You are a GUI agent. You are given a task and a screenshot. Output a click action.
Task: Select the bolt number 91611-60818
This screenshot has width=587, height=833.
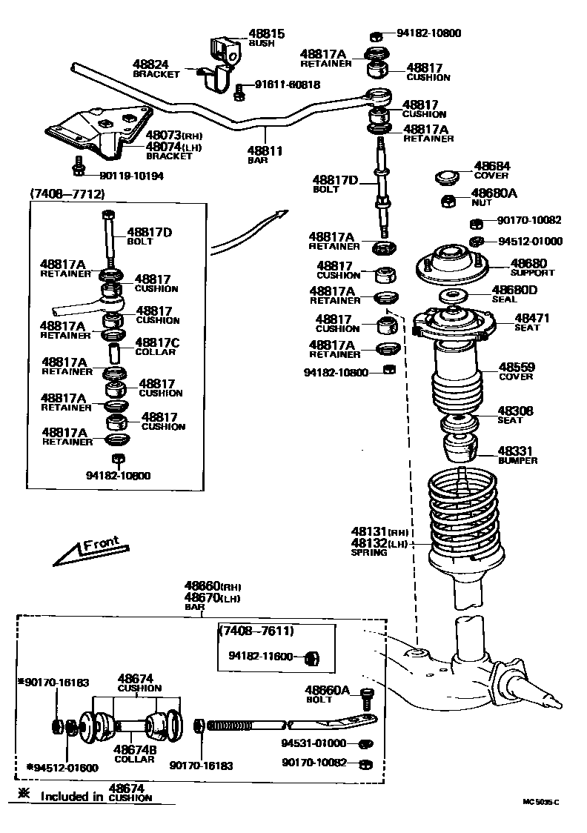[288, 84]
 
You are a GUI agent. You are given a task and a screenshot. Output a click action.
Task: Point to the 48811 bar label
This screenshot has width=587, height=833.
[265, 150]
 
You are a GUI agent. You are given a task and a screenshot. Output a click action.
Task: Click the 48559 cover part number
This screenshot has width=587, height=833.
[516, 367]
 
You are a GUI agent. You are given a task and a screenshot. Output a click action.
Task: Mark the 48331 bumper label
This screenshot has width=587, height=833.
[516, 451]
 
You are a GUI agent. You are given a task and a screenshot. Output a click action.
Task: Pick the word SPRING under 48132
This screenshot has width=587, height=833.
[369, 552]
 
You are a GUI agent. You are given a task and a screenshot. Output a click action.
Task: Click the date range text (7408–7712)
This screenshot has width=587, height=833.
[67, 193]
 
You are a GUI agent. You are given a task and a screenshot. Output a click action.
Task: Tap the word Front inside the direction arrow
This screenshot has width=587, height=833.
[101, 545]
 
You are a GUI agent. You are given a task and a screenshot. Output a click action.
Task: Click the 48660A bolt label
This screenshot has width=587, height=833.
[327, 690]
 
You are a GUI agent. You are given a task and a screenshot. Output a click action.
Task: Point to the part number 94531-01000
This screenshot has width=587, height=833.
[314, 743]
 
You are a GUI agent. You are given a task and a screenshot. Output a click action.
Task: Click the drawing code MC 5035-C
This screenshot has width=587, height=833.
[540, 802]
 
